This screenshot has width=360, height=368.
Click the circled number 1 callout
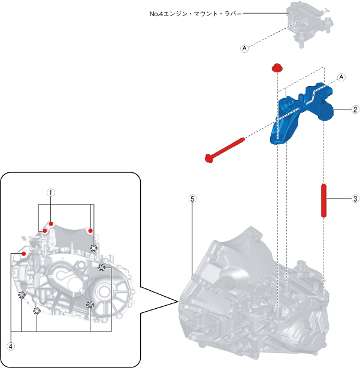tap(52, 193)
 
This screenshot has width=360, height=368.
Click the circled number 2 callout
tap(355, 110)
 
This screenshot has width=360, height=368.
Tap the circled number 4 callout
tap(11, 345)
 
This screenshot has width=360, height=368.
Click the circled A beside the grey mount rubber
tap(244, 48)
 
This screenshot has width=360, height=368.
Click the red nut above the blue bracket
tap(276, 67)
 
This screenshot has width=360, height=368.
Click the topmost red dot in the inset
tap(52, 224)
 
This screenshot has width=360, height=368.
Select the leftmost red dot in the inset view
tap(23, 254)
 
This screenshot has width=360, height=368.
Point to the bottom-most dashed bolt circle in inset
tap(37, 311)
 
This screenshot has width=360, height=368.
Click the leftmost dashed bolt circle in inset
tap(22, 294)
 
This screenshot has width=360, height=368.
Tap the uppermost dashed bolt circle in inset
tap(93, 248)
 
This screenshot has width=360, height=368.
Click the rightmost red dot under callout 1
tap(90, 230)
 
